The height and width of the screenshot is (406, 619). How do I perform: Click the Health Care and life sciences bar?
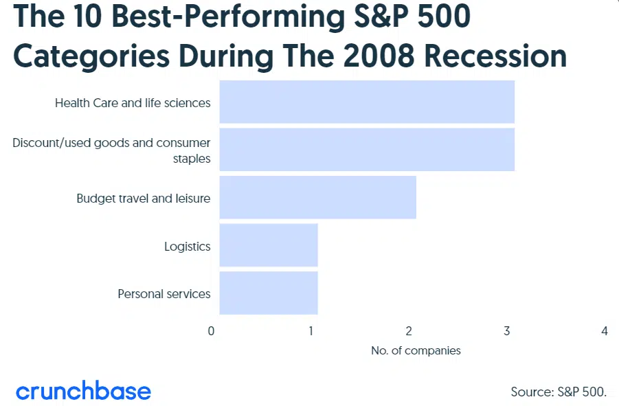point(367,102)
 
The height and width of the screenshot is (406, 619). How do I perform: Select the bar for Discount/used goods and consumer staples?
point(367,150)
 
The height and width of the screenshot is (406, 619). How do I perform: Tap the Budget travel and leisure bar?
point(318,197)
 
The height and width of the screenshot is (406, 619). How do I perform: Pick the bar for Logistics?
point(269,245)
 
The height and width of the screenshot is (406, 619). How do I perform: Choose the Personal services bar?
point(269,293)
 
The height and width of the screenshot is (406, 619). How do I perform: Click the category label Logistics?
point(188,247)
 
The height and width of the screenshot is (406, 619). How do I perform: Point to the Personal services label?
point(164,294)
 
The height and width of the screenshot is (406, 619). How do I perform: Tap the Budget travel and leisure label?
point(144,199)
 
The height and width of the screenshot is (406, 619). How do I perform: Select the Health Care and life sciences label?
point(133,103)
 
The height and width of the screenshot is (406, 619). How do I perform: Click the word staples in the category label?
point(192,159)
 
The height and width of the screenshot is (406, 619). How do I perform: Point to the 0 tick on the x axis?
point(211,331)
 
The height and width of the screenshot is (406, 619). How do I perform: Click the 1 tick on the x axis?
point(311,331)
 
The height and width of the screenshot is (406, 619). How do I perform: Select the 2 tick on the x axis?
point(409,331)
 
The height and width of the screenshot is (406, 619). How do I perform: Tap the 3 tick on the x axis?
point(507,331)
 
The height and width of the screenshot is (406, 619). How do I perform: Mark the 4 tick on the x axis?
point(605,331)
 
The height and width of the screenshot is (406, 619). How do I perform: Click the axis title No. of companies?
point(416,351)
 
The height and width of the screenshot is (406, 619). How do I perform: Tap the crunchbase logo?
point(83,391)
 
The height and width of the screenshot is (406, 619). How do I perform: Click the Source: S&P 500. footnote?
point(559,392)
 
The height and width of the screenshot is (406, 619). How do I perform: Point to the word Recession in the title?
point(495,56)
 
